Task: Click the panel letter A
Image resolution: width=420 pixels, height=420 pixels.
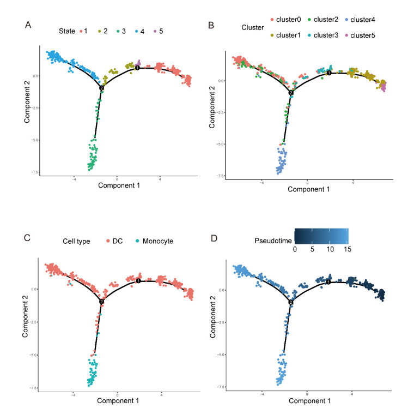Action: pyautogui.click(x=28, y=25)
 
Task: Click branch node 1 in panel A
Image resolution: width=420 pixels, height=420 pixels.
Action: pyautogui.click(x=138, y=68)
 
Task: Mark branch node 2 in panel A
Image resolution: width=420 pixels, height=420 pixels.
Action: pyautogui.click(x=101, y=88)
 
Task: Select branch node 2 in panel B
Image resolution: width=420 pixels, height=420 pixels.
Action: pyautogui.click(x=291, y=93)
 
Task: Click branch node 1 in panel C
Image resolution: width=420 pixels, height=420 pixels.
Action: pyautogui.click(x=138, y=281)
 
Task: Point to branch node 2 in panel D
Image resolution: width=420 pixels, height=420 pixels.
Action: pyautogui.click(x=291, y=302)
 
